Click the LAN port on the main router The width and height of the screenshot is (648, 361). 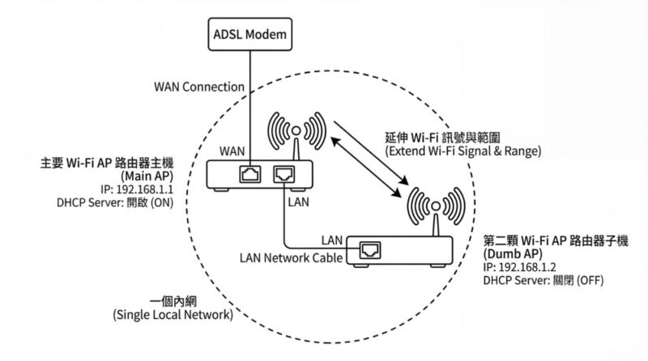pos(284,173)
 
